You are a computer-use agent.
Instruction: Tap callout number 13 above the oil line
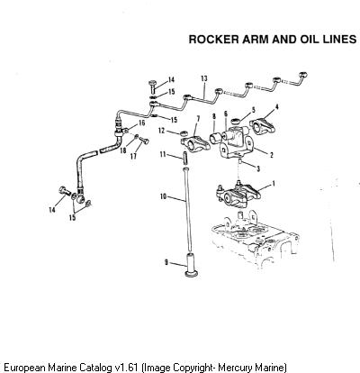click(x=204, y=78)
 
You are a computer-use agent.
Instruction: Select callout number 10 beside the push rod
click(x=163, y=196)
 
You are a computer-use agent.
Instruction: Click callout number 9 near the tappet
click(x=166, y=262)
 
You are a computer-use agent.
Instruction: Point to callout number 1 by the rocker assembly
click(x=273, y=184)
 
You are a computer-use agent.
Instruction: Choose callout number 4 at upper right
click(x=277, y=107)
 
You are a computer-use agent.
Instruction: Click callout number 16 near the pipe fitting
click(x=141, y=123)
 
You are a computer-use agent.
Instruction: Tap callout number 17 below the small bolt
click(x=134, y=156)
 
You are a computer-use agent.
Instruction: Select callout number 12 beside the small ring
click(x=162, y=131)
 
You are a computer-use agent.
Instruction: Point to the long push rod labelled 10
click(x=187, y=210)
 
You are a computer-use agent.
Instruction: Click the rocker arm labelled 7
click(x=195, y=142)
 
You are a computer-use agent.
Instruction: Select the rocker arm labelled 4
click(x=263, y=126)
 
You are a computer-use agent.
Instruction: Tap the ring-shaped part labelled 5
click(x=236, y=121)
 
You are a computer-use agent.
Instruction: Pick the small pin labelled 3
click(x=240, y=162)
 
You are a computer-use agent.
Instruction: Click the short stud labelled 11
click(x=185, y=158)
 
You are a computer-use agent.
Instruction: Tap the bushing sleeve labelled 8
click(x=216, y=139)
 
